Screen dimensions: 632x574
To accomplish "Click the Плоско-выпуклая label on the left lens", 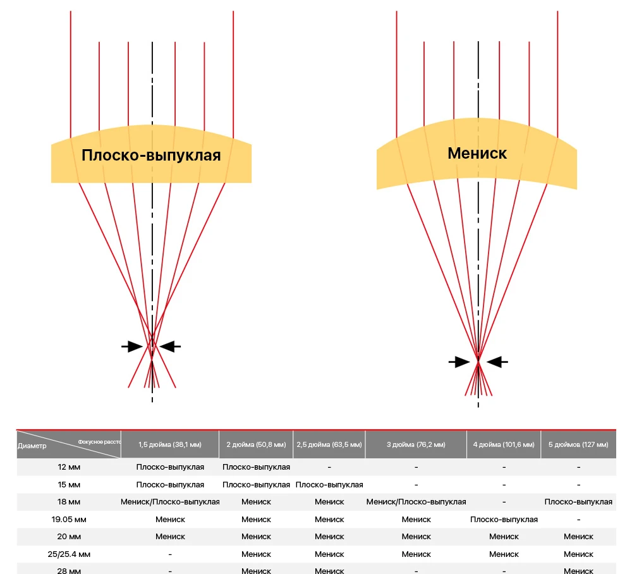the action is [x=151, y=155].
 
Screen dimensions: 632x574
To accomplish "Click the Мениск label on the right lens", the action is [x=477, y=153].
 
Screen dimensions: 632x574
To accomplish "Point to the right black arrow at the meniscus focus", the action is [x=499, y=362].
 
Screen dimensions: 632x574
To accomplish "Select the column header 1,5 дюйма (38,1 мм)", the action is [x=170, y=444].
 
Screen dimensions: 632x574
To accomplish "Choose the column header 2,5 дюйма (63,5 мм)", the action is [x=329, y=444].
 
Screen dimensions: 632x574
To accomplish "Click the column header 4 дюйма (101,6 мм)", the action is [x=504, y=444].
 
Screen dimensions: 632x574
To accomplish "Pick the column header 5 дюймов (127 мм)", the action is [x=578, y=444].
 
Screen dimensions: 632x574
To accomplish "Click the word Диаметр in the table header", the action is [x=32, y=445].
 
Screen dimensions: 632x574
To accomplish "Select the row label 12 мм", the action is [x=69, y=467].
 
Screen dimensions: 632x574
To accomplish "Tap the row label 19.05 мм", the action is [x=69, y=519].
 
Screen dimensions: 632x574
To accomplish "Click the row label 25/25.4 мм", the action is [x=69, y=554].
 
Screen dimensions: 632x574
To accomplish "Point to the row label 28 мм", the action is [x=69, y=571].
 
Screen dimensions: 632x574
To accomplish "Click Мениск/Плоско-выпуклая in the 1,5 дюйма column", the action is [x=170, y=502].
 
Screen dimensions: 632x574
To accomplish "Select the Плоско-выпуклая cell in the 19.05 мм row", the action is [x=504, y=519].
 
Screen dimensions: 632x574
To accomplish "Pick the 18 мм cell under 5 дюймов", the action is [x=578, y=502].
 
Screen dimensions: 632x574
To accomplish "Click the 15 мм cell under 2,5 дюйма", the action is [x=329, y=485].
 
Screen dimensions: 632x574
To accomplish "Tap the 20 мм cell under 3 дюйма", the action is [x=416, y=537].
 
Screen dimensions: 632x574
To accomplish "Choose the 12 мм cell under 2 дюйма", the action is [x=256, y=467].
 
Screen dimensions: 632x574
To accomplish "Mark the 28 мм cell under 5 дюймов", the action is [x=578, y=571].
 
